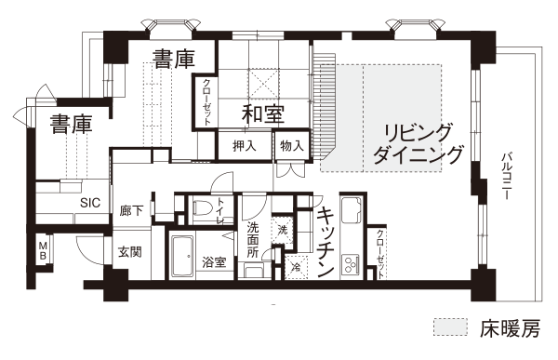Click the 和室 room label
coord(263,114)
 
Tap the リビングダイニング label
coord(418,143)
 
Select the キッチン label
coord(325,242)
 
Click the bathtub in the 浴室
coord(182,255)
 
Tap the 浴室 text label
coord(214,262)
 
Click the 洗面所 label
coord(253,240)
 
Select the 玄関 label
coord(130,252)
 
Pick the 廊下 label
coord(131,211)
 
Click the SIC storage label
coord(90,203)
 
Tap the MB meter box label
coord(43,250)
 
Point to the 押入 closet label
coord(245,146)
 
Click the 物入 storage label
coord(292,145)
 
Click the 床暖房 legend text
coord(510,328)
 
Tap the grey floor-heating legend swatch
coord(450,327)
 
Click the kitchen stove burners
coord(351,264)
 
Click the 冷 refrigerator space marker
coord(296,267)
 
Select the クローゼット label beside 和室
coord(206,101)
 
